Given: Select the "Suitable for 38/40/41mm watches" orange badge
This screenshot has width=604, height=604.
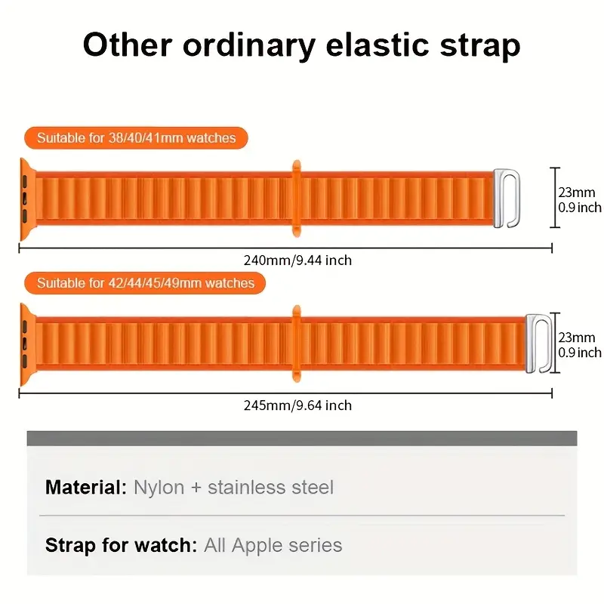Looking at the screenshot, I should tap(136, 138).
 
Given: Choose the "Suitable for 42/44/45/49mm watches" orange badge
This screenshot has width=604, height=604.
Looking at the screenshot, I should tap(146, 283).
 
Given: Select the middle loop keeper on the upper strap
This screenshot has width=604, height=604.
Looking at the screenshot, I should tap(296, 198).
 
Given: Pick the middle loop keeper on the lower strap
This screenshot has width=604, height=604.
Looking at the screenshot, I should tap(296, 344).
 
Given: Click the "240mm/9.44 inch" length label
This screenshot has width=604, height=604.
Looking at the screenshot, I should tap(297, 260).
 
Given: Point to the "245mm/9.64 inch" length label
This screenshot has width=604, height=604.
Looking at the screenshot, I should tap(297, 405).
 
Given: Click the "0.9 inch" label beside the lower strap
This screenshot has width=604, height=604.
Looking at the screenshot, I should tap(580, 353).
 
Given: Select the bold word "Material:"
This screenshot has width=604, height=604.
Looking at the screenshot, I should tap(86, 487).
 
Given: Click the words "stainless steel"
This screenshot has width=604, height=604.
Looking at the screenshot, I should tap(270, 487).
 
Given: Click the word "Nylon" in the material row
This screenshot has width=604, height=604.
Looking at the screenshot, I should tap(159, 487).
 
